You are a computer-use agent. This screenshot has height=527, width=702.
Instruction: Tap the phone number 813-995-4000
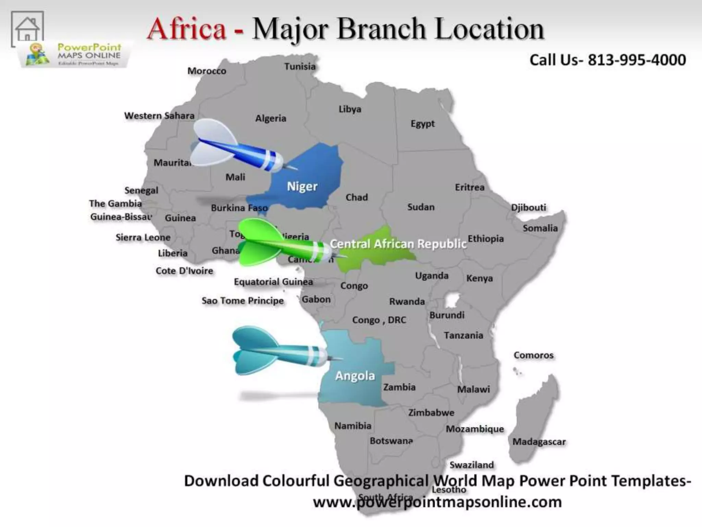click(x=637, y=60)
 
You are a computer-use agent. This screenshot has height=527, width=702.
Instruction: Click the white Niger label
click(x=302, y=186)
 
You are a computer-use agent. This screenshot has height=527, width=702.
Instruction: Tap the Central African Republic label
click(x=398, y=244)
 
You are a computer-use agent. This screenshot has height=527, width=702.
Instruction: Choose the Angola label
click(x=355, y=376)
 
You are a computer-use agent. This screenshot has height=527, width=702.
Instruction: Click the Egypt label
click(x=423, y=124)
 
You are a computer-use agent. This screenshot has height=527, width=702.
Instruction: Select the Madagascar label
click(x=539, y=442)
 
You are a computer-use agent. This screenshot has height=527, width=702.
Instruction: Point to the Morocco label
click(x=207, y=71)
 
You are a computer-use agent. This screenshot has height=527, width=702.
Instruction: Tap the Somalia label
click(x=540, y=228)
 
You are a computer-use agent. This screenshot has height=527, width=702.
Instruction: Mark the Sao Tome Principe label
click(x=243, y=301)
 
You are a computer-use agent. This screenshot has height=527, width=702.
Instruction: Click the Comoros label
click(x=533, y=355)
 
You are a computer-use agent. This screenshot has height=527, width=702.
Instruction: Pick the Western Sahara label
click(x=159, y=116)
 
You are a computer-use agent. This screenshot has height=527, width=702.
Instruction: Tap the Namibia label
click(x=353, y=426)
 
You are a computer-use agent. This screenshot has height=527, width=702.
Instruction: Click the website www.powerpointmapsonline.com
click(x=437, y=502)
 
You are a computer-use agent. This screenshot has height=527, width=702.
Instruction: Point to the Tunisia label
click(x=300, y=67)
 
